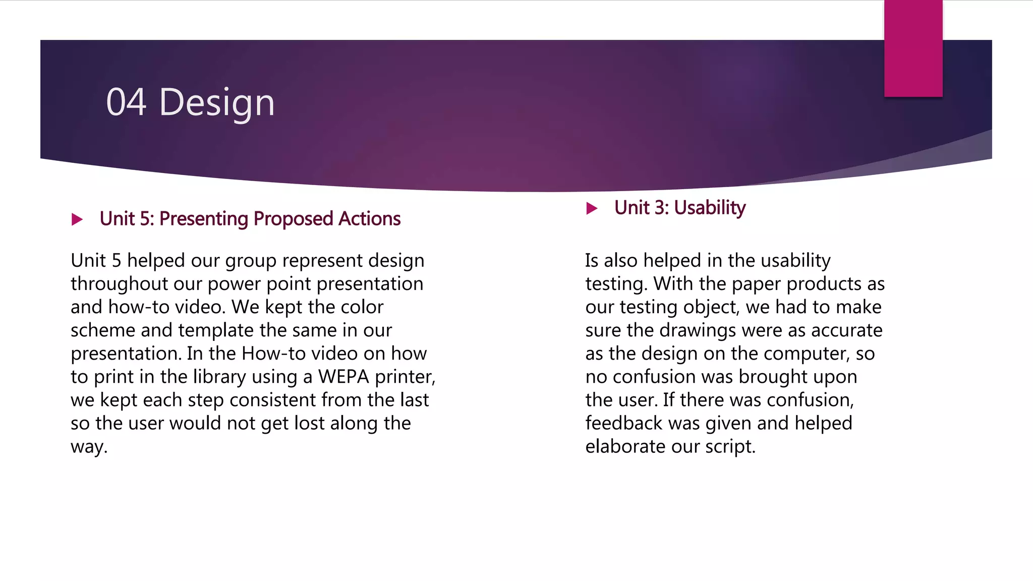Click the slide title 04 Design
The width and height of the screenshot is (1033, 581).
point(190,102)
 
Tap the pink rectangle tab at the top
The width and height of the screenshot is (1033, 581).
point(913,48)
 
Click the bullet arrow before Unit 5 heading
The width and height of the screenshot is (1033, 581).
point(77,219)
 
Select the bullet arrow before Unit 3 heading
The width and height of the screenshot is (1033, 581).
point(592,208)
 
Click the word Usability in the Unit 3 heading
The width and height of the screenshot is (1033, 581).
point(710,208)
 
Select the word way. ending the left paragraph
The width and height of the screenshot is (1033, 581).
point(89,447)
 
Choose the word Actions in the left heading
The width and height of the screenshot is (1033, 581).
point(369,219)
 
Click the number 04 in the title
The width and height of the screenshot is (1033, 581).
point(126,102)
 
